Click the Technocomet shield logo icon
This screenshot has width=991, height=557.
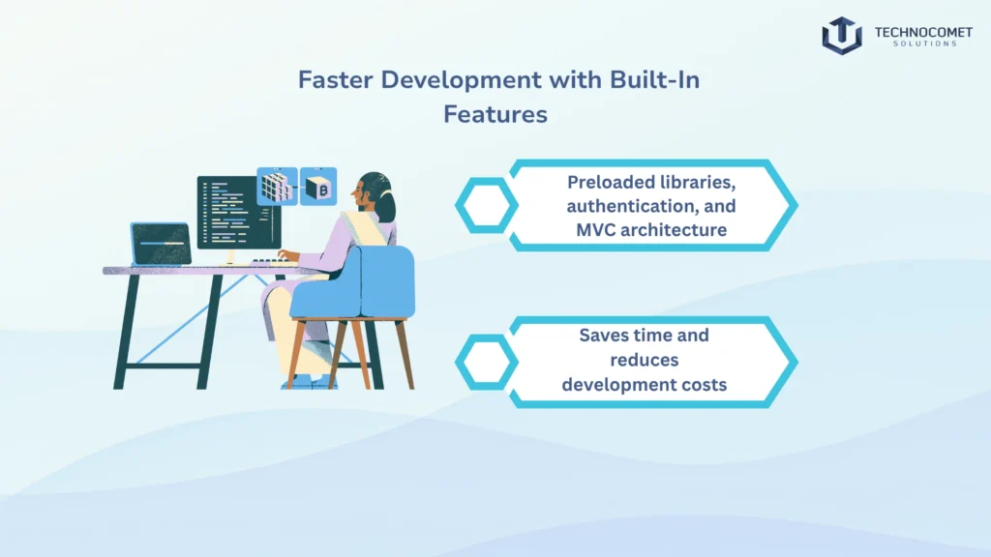[841, 35]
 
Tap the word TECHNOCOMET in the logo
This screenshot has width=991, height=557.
[916, 30]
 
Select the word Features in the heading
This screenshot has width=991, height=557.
[495, 114]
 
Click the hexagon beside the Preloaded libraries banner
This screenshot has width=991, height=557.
[486, 205]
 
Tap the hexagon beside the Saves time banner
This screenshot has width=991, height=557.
[486, 361]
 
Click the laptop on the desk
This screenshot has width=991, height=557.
[160, 244]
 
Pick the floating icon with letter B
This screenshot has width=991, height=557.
[318, 186]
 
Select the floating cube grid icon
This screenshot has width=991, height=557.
[276, 187]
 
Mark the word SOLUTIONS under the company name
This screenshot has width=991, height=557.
[916, 44]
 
